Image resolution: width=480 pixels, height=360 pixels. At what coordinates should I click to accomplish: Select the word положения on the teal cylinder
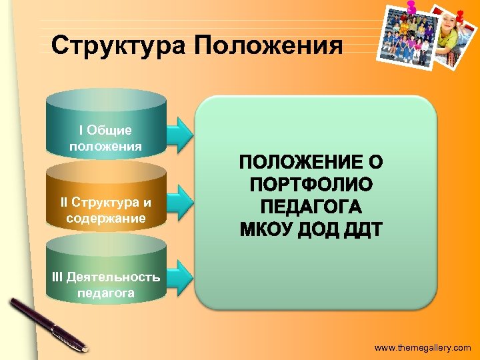(105, 145)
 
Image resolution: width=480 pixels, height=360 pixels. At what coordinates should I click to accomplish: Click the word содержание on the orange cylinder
(105, 218)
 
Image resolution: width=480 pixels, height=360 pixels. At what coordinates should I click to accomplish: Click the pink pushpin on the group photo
(411, 7)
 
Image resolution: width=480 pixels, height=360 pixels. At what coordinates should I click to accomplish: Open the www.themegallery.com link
(422, 348)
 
